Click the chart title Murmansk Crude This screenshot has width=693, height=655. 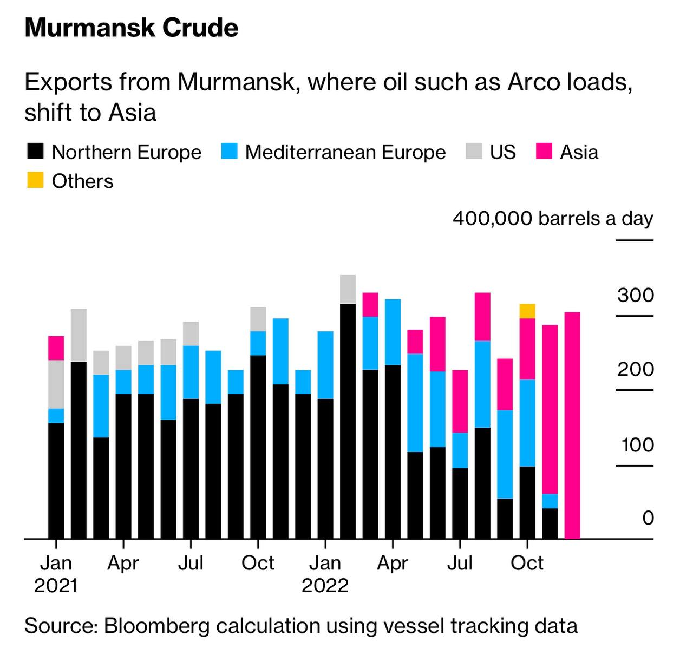132,28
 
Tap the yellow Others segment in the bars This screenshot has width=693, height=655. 527,311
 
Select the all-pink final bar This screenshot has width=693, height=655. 572,425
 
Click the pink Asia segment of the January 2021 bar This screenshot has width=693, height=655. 56,348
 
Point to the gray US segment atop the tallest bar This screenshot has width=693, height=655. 348,289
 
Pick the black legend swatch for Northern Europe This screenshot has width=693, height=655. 35,152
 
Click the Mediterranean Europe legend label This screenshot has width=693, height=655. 345,152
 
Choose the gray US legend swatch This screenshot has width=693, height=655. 474,152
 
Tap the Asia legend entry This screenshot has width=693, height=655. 579,152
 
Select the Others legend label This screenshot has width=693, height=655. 82,181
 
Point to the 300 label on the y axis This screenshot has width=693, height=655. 635,295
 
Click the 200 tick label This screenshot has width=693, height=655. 635,370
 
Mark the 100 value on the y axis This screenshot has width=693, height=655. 637,445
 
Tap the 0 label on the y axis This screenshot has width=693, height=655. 648,518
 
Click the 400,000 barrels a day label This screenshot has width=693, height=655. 553,219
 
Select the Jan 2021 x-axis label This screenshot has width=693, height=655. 56,573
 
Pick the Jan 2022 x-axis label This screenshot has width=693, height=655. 325,573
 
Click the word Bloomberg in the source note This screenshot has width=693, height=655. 157,626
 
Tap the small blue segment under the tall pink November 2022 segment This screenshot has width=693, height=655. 550,501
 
